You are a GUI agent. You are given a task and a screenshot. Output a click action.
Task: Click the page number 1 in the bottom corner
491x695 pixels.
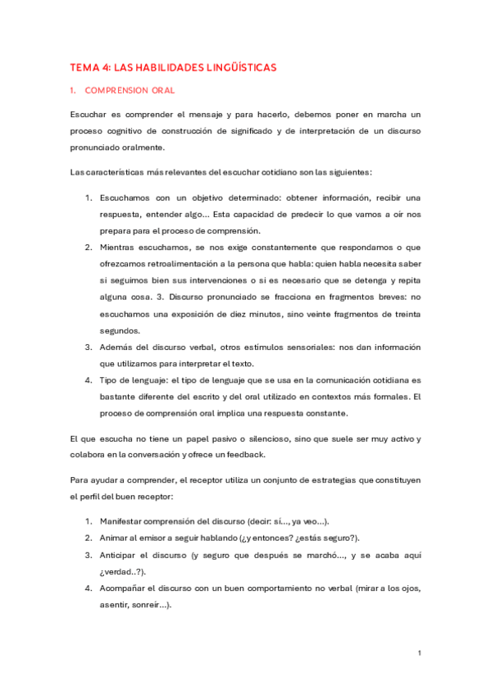[x=419, y=653]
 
